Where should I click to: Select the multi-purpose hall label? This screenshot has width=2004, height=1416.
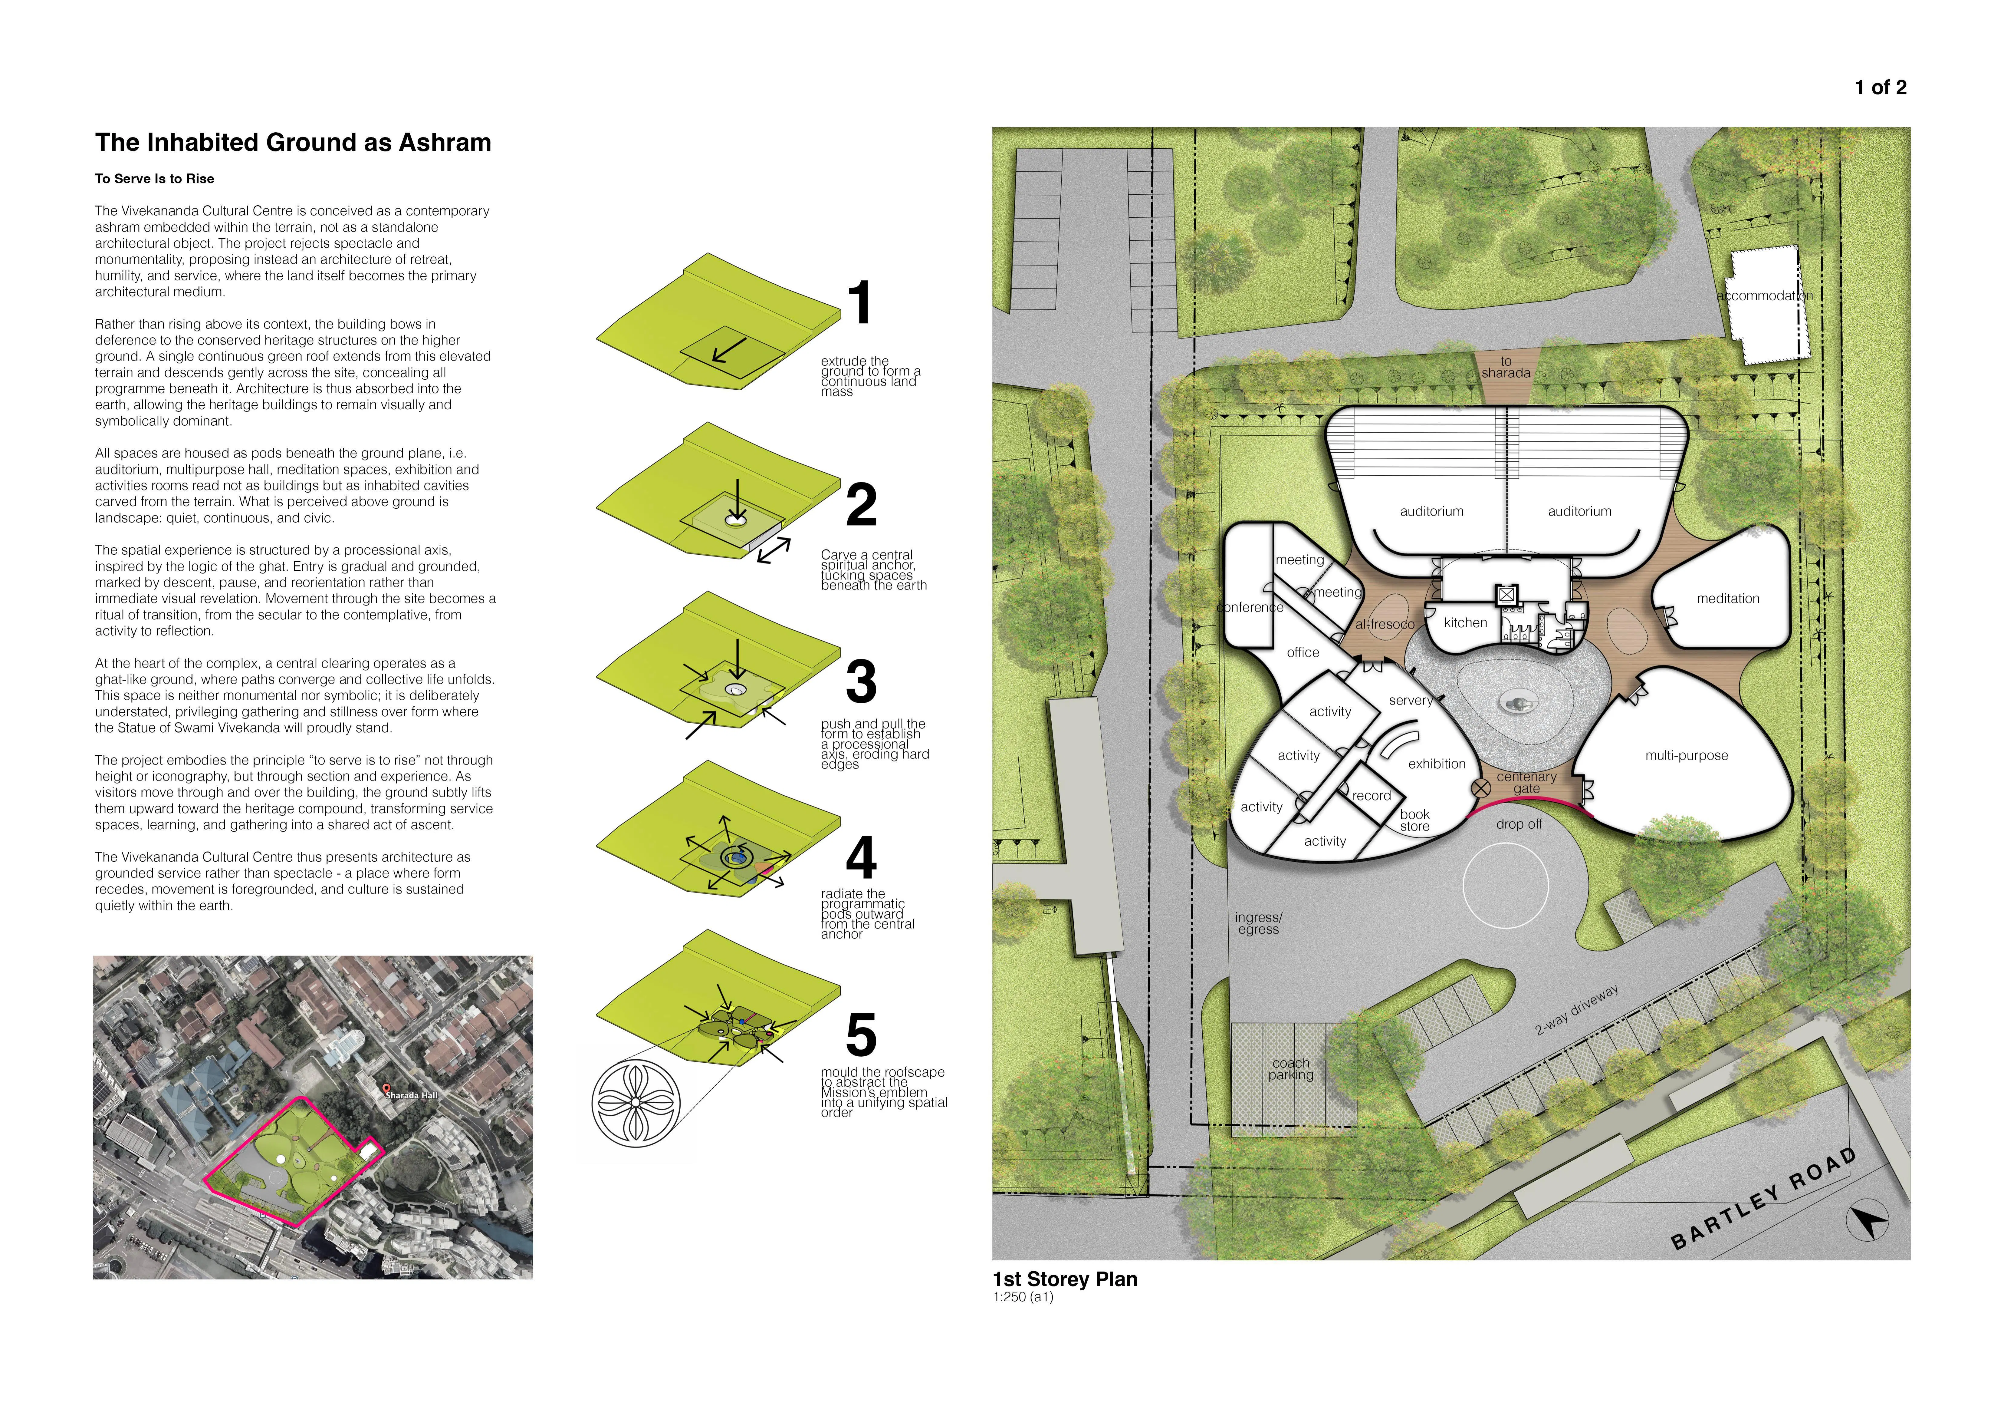coord(1686,756)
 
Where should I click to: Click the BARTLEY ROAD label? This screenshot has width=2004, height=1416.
coord(1763,1199)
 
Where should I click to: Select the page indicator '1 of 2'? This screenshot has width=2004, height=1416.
coord(1881,87)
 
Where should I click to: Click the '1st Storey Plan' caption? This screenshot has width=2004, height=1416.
coord(1065,1279)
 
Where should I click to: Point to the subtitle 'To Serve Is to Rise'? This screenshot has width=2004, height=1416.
coord(154,179)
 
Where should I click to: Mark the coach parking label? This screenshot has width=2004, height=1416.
coord(1291,1068)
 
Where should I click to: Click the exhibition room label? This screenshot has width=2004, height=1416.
coord(1437,764)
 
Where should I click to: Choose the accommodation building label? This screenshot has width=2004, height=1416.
coord(1765,296)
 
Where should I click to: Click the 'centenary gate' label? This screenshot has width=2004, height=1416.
coord(1526,782)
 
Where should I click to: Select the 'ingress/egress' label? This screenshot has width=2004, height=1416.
coord(1259,924)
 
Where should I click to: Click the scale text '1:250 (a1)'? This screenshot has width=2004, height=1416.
coord(1023,1297)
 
